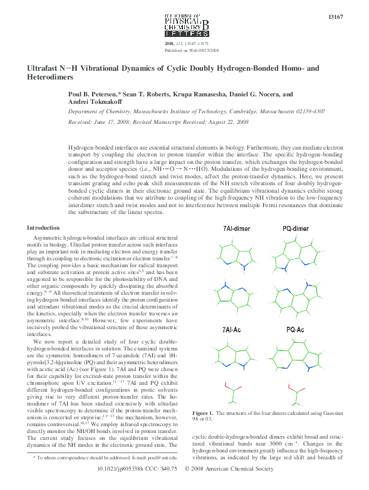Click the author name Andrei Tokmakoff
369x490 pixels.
click(93, 102)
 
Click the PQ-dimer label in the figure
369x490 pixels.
click(296, 228)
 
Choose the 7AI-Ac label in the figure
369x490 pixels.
click(234, 329)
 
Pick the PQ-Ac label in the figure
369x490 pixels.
click(296, 329)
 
